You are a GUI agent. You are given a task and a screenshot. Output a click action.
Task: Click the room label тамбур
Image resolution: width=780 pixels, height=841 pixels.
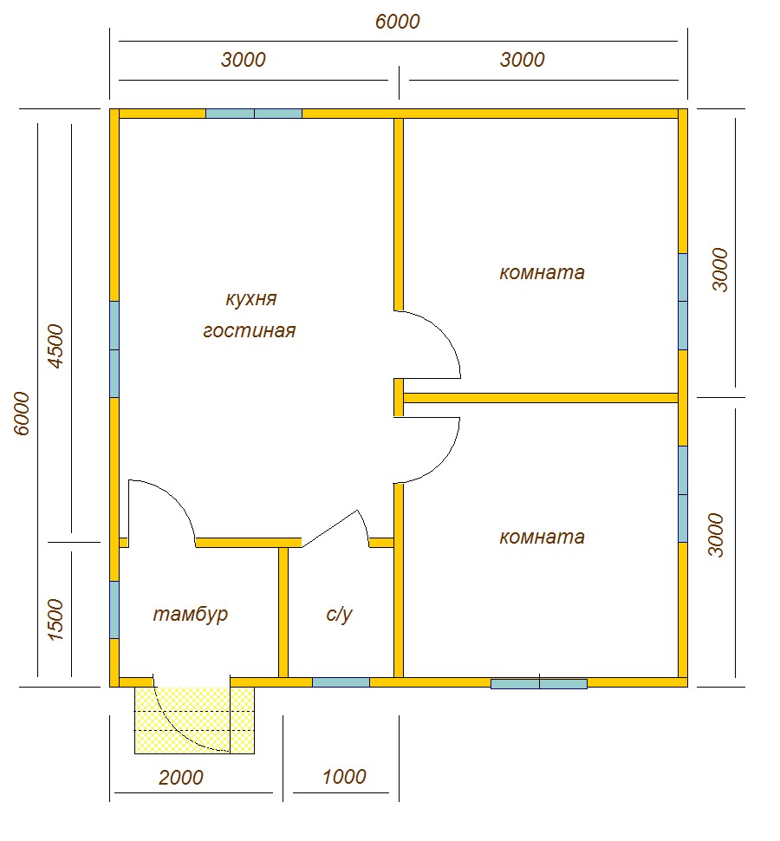point(191,615)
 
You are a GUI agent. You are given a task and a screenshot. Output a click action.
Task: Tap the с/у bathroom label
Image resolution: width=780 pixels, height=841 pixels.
point(339,614)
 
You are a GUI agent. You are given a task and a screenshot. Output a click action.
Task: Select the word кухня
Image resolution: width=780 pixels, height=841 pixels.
point(250,299)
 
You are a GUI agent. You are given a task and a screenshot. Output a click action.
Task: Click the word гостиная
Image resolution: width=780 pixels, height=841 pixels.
point(250,330)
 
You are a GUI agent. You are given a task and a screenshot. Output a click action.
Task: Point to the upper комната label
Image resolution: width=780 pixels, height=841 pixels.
point(542,272)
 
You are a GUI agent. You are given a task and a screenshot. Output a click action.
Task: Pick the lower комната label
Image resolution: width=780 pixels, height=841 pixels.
point(542,537)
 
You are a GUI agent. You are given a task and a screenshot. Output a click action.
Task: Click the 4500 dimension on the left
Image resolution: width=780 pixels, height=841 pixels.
point(55,346)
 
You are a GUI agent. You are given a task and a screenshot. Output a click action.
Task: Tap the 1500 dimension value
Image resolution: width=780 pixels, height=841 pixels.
point(55,620)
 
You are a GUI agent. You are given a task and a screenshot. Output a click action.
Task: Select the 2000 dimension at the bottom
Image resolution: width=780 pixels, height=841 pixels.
point(180,777)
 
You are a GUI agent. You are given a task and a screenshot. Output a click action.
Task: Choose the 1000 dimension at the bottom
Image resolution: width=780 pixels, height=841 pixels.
point(344,776)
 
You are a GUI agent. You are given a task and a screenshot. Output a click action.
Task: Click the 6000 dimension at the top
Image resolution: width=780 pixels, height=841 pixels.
point(397,22)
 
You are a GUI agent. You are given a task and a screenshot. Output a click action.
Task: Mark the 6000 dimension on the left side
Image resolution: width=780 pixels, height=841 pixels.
point(22,414)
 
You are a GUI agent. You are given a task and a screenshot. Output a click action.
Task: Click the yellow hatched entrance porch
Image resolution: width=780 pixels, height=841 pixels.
point(194,720)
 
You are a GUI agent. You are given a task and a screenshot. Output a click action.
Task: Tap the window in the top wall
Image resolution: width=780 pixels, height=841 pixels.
point(254,114)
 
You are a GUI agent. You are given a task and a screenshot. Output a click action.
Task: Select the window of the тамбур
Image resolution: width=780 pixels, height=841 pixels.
point(114,610)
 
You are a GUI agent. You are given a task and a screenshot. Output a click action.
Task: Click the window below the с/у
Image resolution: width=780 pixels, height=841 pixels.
point(341,682)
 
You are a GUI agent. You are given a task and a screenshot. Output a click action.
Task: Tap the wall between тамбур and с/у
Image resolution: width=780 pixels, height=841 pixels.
point(283,612)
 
